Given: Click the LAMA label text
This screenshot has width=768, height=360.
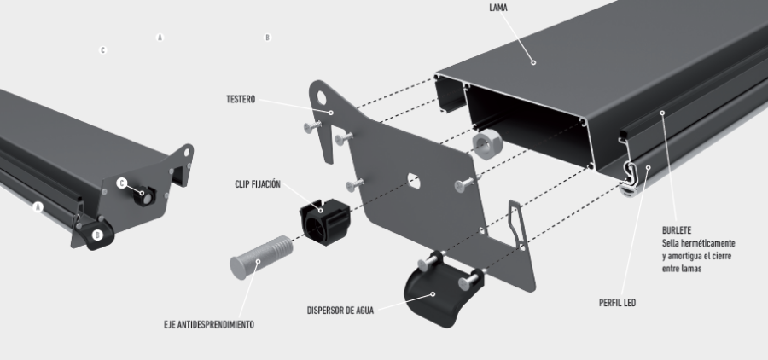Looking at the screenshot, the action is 498,8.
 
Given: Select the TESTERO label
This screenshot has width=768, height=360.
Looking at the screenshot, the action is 241,100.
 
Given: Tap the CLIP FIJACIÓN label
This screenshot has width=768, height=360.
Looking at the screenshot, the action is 258,184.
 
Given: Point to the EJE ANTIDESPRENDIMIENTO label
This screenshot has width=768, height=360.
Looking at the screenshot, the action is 209,325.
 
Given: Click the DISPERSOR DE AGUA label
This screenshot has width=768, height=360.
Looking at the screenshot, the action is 340,311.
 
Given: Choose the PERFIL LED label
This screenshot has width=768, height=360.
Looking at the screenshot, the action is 617,303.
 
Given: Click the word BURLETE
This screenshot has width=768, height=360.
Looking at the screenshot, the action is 677,230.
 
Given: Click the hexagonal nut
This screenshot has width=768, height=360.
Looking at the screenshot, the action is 485,145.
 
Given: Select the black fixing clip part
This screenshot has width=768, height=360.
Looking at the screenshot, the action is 325,222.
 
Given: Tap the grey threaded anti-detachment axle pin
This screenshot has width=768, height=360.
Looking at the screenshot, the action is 261,257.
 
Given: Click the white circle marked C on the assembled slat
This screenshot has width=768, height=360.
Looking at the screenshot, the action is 122,183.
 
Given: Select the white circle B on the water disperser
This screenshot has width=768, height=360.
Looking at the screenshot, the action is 97,235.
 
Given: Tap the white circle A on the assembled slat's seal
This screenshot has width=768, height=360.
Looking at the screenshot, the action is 38,207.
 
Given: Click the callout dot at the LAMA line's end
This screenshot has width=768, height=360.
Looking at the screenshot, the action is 533,62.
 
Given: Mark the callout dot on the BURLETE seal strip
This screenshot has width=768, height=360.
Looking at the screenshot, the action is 662,113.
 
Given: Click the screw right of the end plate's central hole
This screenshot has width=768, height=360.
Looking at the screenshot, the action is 464,184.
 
